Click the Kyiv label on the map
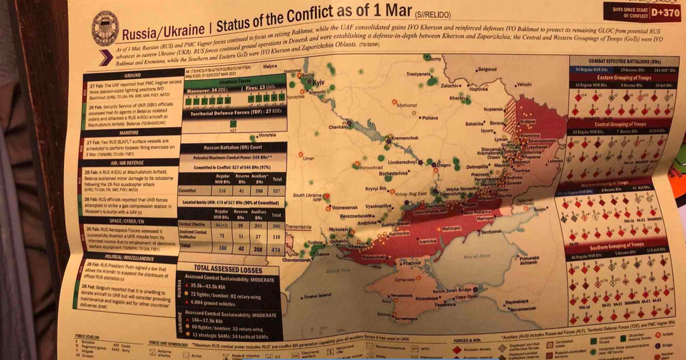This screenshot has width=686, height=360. coord(318,82)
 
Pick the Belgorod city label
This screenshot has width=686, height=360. coord(486,69)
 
